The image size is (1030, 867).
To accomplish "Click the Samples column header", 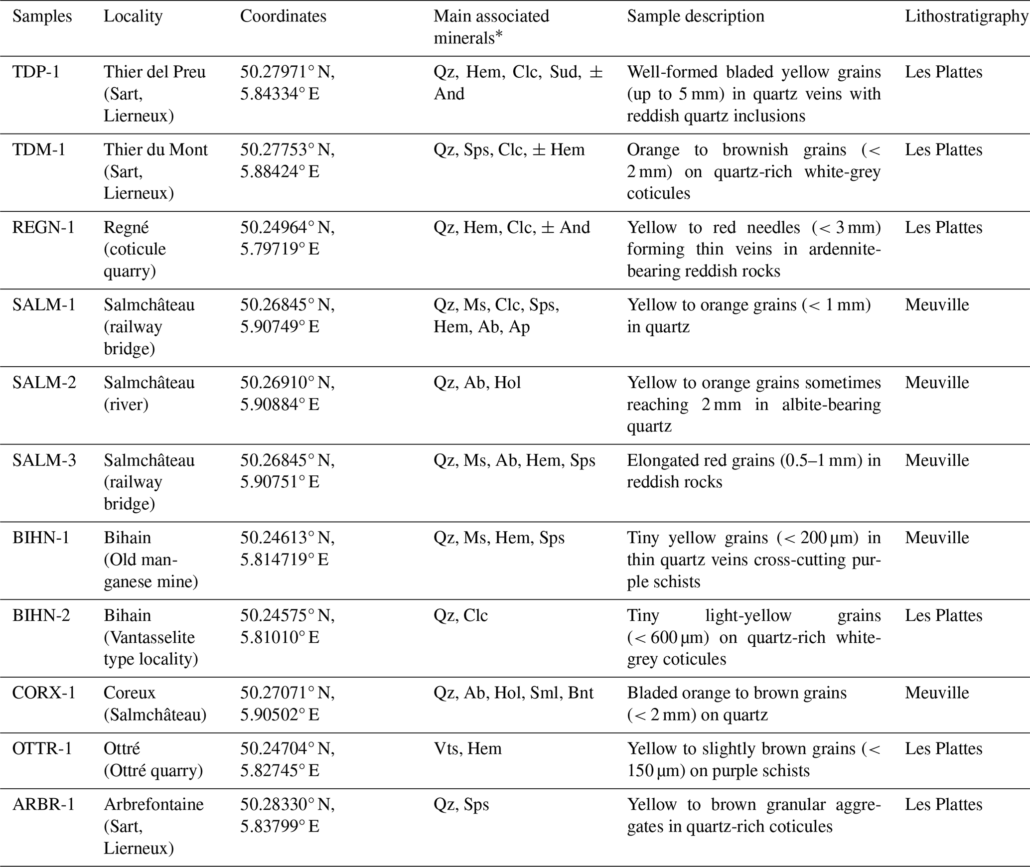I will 42,16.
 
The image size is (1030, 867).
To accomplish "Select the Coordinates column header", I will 283,16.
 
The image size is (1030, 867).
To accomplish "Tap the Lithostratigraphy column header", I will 966,16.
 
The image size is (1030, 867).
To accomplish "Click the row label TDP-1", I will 36,72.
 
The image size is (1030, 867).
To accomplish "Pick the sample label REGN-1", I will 43,228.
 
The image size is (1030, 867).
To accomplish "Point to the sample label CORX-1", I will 43,693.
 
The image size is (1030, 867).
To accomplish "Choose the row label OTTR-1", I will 42,749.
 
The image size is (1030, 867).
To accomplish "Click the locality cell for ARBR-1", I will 153,827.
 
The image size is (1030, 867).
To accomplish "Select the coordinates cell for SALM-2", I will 287,394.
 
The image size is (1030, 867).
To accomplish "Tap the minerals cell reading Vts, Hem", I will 467,749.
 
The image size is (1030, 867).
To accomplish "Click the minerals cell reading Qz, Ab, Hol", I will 477,383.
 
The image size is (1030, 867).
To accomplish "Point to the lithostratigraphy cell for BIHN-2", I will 943,616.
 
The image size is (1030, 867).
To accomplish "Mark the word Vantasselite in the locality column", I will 149,638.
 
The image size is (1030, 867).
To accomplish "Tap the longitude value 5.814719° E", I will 284,560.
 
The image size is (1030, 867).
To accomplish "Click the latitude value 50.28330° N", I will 287,805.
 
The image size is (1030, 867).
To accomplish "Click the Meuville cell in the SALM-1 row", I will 937,305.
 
